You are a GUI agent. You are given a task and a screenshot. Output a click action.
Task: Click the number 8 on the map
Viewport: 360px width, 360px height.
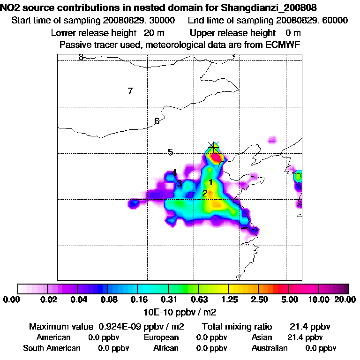pyautogui.click(x=81, y=57)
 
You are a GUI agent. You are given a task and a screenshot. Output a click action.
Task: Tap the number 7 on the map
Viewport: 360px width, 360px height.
pyautogui.click(x=130, y=91)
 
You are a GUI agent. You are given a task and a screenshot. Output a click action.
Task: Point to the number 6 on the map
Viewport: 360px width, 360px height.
pyautogui.click(x=157, y=121)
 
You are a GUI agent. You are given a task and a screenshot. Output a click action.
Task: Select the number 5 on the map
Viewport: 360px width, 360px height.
pyautogui.click(x=171, y=152)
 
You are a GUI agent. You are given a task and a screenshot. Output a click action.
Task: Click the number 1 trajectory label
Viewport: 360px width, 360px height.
pyautogui.click(x=211, y=182)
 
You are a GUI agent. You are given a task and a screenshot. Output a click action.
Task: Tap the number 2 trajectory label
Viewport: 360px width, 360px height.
pyautogui.click(x=205, y=193)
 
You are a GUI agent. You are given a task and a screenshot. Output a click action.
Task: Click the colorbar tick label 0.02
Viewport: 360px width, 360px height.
pyautogui.click(x=49, y=300)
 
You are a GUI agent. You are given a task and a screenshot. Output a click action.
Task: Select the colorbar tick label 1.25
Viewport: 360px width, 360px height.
pyautogui.click(x=229, y=300)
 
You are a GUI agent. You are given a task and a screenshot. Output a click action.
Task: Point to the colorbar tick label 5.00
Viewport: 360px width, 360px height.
pyautogui.click(x=289, y=300)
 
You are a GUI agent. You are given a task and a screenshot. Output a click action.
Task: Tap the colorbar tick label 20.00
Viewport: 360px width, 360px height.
pyautogui.click(x=345, y=300)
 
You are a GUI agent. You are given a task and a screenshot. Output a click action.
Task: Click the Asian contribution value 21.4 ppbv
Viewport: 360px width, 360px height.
pyautogui.click(x=305, y=337)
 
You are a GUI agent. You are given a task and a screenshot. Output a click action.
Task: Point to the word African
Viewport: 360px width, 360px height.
pyautogui.click(x=166, y=348)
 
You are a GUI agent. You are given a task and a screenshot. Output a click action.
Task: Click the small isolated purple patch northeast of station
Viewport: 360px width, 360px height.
pyautogui.click(x=272, y=140)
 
